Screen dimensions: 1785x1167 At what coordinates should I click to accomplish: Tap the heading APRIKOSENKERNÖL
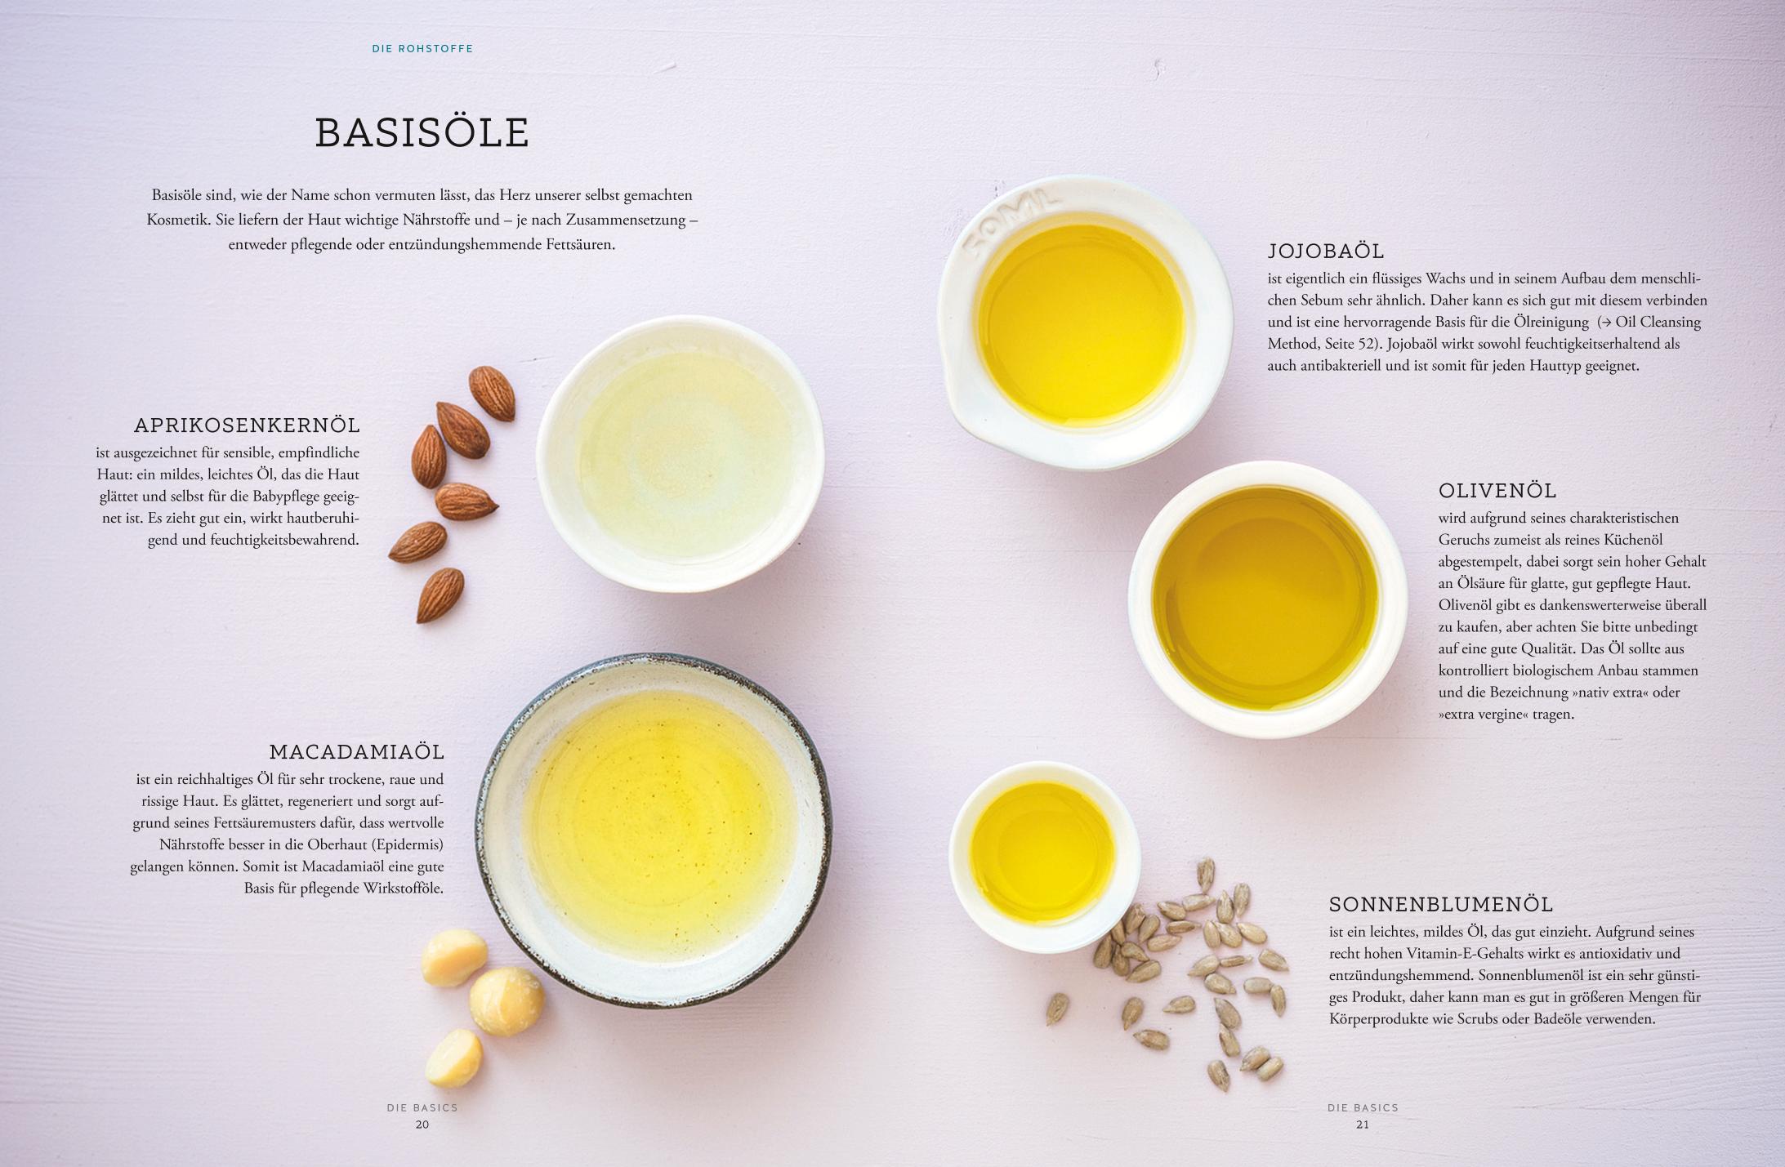(x=247, y=425)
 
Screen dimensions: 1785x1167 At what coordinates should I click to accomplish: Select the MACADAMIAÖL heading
(x=357, y=751)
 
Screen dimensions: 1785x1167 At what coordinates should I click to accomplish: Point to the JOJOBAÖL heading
(x=1326, y=251)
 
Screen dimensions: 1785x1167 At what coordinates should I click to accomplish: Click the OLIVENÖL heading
(x=1497, y=491)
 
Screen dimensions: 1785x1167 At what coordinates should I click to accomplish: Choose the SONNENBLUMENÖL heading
(x=1441, y=904)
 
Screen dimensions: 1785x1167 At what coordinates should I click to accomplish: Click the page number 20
(x=422, y=1125)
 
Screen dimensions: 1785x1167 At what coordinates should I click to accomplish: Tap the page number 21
(x=1362, y=1125)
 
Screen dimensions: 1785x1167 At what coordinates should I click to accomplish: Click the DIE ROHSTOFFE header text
(x=422, y=49)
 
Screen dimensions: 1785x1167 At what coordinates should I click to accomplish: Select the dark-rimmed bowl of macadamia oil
(x=654, y=829)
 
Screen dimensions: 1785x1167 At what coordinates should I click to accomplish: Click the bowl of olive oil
(x=1267, y=599)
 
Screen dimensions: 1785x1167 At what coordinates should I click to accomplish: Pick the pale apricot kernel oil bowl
(x=680, y=454)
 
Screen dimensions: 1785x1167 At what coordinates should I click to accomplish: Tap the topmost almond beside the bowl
(x=492, y=393)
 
